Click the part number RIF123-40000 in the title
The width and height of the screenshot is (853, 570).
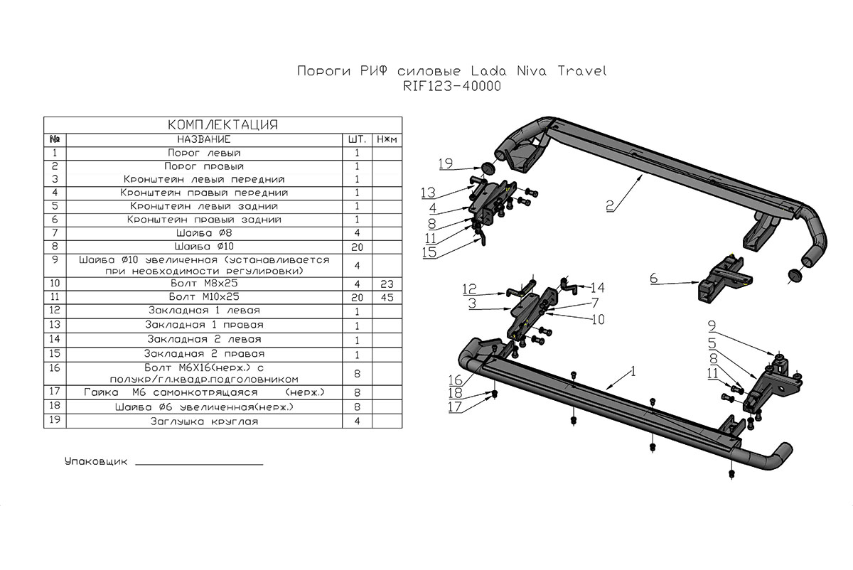(x=451, y=87)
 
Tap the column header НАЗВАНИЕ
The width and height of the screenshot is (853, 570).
(x=204, y=139)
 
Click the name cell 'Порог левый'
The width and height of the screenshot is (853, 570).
(x=204, y=153)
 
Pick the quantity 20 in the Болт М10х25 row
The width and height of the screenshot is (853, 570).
(x=357, y=296)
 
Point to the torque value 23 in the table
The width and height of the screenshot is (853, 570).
(x=386, y=283)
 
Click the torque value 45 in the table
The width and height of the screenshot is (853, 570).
(x=386, y=296)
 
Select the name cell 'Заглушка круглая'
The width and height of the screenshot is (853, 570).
(x=204, y=421)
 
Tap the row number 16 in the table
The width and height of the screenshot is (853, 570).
(x=55, y=367)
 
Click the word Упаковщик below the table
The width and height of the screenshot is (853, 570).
(x=95, y=462)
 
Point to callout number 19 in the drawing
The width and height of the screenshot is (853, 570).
(x=446, y=164)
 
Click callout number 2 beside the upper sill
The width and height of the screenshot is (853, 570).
(x=610, y=206)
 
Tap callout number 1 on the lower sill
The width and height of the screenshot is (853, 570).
(x=632, y=372)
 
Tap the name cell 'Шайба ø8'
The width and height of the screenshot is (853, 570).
(x=204, y=233)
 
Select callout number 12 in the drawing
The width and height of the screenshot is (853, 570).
(x=469, y=290)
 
